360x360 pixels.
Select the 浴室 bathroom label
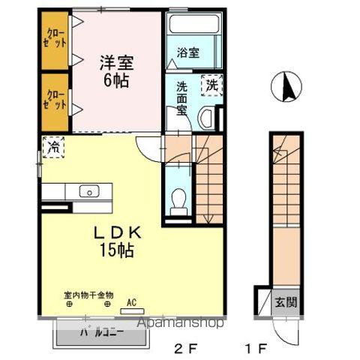188,52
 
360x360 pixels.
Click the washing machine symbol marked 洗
212,85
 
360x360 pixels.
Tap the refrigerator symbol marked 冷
53,148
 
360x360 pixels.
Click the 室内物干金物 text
88,296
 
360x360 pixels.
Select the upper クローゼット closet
55,40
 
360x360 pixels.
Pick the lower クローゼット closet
55,100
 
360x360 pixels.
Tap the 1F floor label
256,348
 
